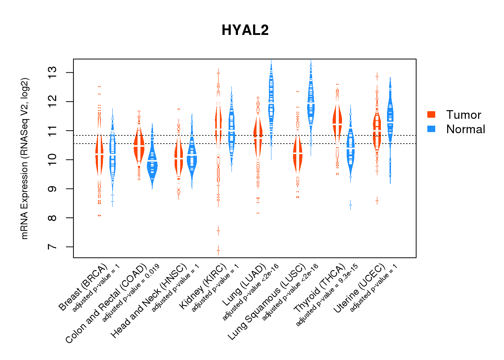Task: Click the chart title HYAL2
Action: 245,30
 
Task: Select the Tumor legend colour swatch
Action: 431,114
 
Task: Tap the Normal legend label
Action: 465,129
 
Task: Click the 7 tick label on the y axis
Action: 53,247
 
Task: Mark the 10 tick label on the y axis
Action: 53,160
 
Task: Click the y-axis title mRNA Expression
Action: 24,158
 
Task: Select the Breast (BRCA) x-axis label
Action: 83,287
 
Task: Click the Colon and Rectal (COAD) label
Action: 106,303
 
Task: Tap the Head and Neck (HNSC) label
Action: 149,301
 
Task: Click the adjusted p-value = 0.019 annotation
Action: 131,293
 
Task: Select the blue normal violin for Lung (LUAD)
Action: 271,104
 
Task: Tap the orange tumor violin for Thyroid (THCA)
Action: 337,122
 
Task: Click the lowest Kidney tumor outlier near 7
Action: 218,250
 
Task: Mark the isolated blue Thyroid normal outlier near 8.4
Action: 350,205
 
